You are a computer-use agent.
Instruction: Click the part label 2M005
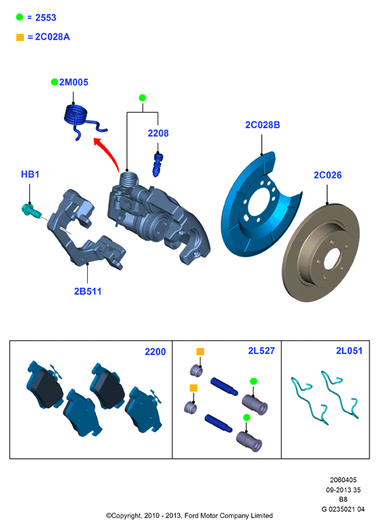pyautogui.click(x=74, y=82)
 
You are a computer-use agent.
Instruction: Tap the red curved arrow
pyautogui.click(x=106, y=153)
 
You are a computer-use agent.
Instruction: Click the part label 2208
pyautogui.click(x=158, y=133)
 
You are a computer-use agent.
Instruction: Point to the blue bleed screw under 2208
pyautogui.click(x=157, y=164)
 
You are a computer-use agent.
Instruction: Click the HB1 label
pyautogui.click(x=30, y=175)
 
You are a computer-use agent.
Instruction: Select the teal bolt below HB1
pyautogui.click(x=31, y=211)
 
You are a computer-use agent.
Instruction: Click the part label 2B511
pyautogui.click(x=88, y=292)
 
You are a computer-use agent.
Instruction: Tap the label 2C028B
pyautogui.click(x=262, y=125)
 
